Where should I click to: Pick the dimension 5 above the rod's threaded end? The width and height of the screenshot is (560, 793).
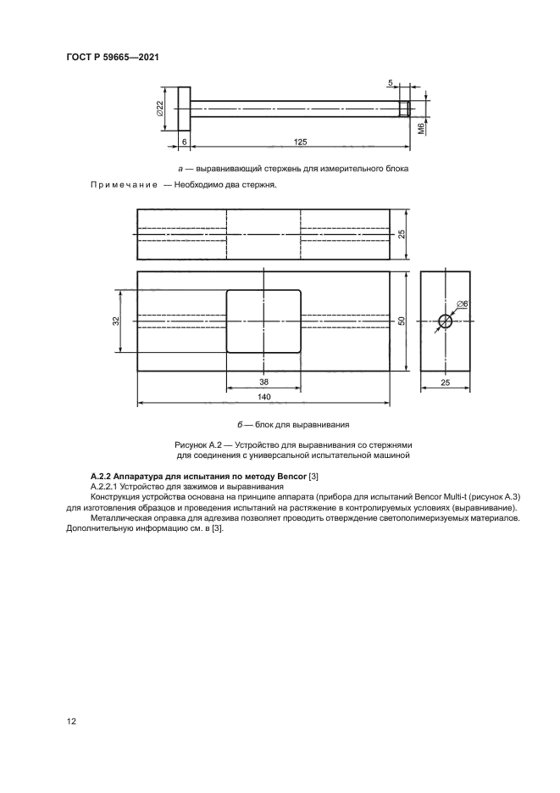tap(391, 83)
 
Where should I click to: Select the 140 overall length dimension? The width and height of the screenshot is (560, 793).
tap(263, 396)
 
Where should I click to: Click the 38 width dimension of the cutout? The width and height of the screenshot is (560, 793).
tap(263, 381)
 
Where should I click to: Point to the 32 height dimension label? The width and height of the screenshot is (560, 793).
tap(116, 321)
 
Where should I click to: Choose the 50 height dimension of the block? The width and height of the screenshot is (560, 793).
tap(403, 321)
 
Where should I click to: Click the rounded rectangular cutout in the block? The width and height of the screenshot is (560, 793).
tap(263, 321)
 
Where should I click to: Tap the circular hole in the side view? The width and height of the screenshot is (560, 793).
tap(446, 321)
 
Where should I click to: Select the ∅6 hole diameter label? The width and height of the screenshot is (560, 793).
tap(463, 304)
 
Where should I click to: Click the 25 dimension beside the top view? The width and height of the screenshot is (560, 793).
tap(403, 232)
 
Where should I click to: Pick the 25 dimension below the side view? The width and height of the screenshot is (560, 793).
tap(446, 383)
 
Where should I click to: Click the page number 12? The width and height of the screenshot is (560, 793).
tap(72, 722)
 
